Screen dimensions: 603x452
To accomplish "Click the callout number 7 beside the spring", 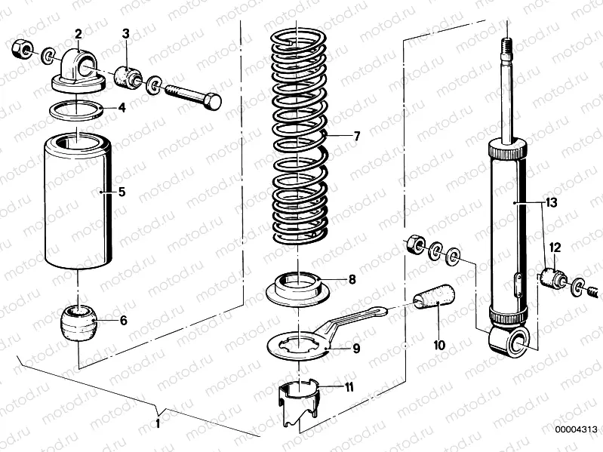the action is (356, 136).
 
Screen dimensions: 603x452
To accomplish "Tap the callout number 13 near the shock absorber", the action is (551, 202).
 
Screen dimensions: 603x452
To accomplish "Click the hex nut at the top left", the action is (21, 49).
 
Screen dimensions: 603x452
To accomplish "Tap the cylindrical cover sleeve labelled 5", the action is (78, 201).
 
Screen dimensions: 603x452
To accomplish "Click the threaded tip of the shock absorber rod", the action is (508, 44).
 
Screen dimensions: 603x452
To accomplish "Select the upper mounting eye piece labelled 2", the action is (79, 71).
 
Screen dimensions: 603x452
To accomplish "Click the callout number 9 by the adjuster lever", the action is (356, 348).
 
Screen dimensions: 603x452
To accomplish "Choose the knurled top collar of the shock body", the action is (507, 150).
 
